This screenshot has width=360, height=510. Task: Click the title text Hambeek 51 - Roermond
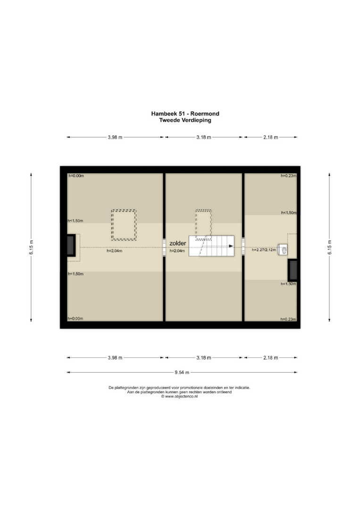[x=185, y=113]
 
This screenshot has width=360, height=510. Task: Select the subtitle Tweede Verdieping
[x=185, y=120]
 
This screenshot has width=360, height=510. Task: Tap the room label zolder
[x=178, y=243]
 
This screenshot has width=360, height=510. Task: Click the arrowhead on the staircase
[x=231, y=246]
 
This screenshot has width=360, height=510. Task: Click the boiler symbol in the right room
[x=283, y=250]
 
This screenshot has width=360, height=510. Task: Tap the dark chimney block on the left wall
[x=71, y=246]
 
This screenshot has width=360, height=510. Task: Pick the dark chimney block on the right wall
[x=293, y=270]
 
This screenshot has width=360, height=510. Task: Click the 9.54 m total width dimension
[x=182, y=373]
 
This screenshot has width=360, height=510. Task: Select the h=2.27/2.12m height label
[x=264, y=250]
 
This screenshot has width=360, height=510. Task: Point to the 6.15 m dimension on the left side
[x=31, y=247]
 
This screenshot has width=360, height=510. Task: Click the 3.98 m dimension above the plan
[x=115, y=137]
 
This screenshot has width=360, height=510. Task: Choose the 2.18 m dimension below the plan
[x=271, y=358]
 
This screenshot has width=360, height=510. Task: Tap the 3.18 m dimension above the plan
[x=204, y=137]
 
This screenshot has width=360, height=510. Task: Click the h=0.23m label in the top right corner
[x=289, y=176]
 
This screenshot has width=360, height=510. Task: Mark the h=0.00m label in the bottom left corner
[x=75, y=319]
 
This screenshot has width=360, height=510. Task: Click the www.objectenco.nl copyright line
[x=179, y=397]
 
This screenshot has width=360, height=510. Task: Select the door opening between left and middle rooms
[x=164, y=247]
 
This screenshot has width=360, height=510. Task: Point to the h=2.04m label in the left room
[x=115, y=251]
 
